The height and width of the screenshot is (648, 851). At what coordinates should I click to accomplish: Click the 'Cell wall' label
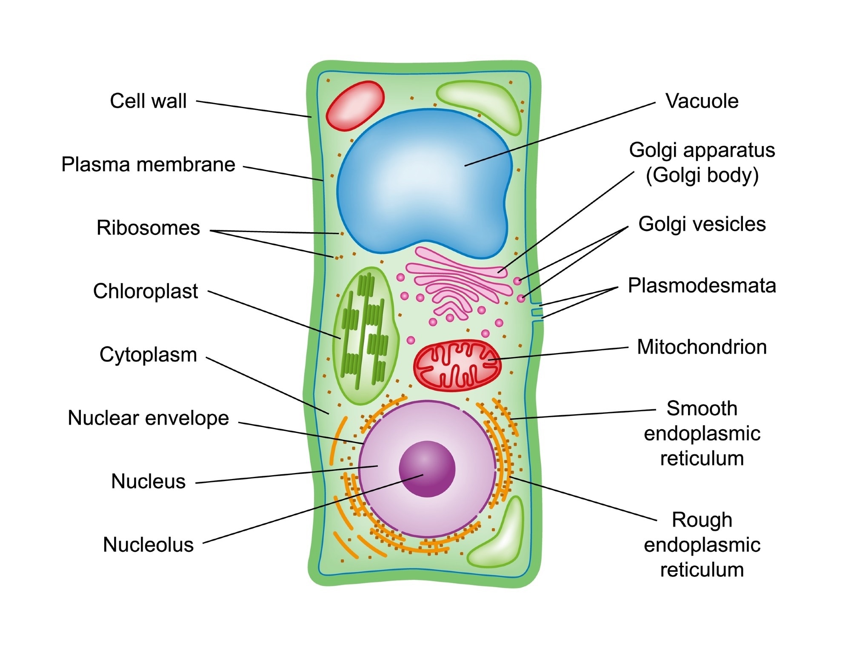pos(148,101)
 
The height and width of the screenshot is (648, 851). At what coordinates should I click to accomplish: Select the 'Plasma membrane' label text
pos(148,164)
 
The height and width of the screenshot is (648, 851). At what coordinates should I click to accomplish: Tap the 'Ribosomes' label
pos(148,228)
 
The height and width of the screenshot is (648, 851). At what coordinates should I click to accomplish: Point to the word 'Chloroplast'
pos(146,291)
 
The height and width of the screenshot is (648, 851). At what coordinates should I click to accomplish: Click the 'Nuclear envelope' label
pos(148,418)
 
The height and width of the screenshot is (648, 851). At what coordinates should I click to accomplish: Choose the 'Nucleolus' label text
pos(148,545)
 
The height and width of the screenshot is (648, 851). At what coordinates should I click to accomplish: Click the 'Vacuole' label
pos(702,101)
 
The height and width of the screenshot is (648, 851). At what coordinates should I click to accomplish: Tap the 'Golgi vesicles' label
pos(702,224)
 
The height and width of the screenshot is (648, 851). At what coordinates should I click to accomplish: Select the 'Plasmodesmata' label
pos(702,286)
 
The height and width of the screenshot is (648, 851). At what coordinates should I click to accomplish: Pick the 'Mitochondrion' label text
pos(702,347)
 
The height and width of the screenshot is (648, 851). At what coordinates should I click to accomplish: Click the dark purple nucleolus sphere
pos(427,469)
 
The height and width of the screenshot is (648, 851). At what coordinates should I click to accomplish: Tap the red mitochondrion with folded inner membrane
pos(457,365)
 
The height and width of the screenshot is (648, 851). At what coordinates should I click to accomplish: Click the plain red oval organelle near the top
pos(355,106)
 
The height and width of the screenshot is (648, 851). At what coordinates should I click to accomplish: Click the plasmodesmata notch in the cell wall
pos(537,313)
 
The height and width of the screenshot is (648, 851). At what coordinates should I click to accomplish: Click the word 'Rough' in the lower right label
pos(702,520)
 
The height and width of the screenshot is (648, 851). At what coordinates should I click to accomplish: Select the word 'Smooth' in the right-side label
pos(702,409)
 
